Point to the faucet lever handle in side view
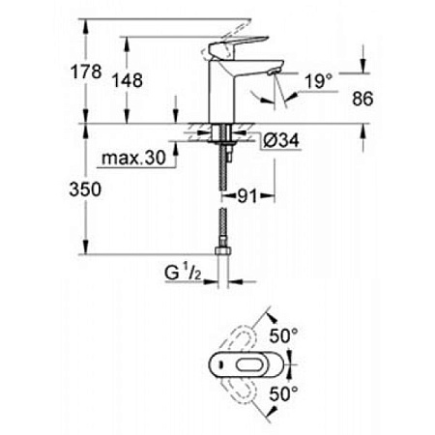pyautogui.click(x=232, y=45)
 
